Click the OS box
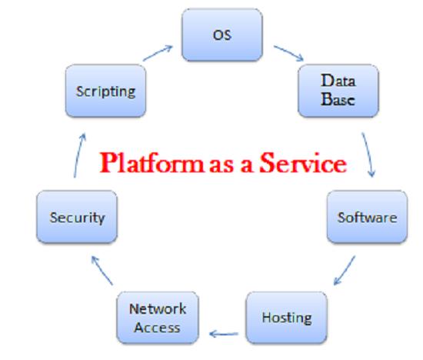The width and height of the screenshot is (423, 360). click(x=222, y=35)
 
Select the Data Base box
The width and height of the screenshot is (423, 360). click(x=338, y=91)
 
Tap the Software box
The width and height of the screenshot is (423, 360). click(x=367, y=217)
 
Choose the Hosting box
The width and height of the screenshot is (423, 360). click(x=287, y=318)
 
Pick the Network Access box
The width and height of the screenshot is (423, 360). click(x=158, y=318)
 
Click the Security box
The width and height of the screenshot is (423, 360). click(x=77, y=217)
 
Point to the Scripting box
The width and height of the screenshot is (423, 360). click(x=106, y=91)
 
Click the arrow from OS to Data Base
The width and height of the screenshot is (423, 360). click(x=288, y=53)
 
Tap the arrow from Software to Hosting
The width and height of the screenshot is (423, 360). click(x=345, y=270)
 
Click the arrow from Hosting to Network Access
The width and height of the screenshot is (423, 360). click(x=224, y=334)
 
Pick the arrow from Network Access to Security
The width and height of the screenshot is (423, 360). click(x=102, y=271)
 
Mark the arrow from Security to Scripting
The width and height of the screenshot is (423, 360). click(x=79, y=155)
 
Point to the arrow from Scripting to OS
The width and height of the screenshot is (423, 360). click(x=158, y=53)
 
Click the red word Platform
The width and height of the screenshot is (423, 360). click(x=152, y=163)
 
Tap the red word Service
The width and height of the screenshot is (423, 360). click(x=303, y=163)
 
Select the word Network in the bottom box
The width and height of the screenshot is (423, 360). click(x=158, y=309)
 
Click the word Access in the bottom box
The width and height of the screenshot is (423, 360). click(x=157, y=328)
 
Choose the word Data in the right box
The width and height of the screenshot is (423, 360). click(x=338, y=81)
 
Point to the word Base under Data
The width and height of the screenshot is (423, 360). click(x=338, y=99)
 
